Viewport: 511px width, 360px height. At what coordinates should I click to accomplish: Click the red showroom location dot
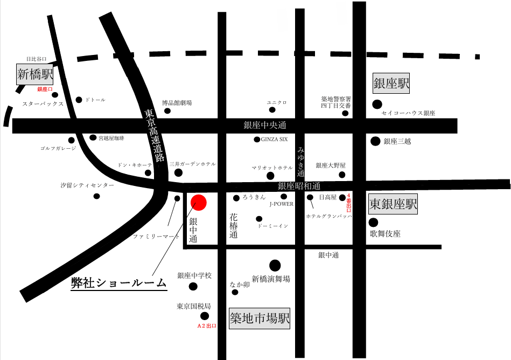[199, 203]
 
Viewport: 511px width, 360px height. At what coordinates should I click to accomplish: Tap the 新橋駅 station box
[34, 74]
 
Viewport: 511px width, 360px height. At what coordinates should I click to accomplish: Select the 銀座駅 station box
[391, 83]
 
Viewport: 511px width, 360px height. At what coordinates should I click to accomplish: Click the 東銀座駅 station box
[393, 204]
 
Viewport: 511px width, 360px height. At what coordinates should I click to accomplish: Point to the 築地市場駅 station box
[260, 318]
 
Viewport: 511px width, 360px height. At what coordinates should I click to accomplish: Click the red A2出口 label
[206, 326]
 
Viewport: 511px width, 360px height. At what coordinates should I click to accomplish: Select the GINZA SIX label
[275, 140]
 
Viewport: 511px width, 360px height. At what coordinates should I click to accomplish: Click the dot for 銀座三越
[375, 141]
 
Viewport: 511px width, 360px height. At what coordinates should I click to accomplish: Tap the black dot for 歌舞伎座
[373, 222]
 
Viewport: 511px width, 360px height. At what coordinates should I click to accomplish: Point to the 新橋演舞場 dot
[275, 265]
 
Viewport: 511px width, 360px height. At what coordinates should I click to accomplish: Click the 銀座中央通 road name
[265, 126]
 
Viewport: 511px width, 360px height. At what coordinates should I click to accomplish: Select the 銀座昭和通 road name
[298, 186]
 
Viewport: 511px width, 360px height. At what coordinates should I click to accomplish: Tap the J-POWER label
[281, 204]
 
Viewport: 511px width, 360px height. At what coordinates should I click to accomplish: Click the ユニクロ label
[277, 102]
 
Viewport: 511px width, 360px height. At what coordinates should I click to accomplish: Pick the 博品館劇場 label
[177, 102]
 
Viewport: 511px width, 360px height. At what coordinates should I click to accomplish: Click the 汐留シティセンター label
[87, 185]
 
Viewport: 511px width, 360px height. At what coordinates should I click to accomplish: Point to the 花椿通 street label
[234, 226]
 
